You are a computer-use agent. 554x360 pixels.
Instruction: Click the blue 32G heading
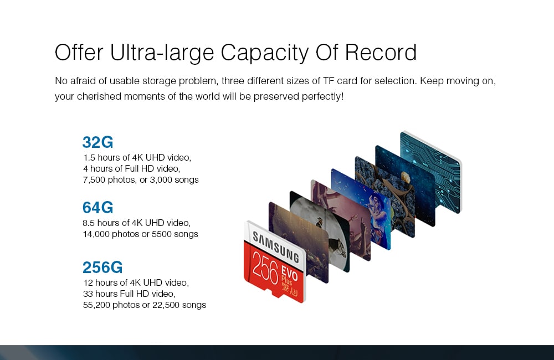point(98,142)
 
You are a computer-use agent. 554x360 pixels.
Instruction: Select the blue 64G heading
point(98,207)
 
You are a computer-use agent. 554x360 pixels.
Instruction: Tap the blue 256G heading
point(102,268)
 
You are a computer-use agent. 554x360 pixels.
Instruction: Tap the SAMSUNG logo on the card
point(276,248)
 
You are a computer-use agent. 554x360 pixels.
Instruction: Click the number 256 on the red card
point(265,270)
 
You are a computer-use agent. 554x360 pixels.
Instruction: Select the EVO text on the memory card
point(290,274)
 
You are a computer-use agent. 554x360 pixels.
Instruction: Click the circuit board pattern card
point(430,172)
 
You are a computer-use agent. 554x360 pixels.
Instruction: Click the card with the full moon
point(320,232)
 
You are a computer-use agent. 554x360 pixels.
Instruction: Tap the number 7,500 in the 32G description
point(94,180)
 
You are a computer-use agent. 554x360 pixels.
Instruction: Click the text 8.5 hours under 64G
point(101,223)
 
